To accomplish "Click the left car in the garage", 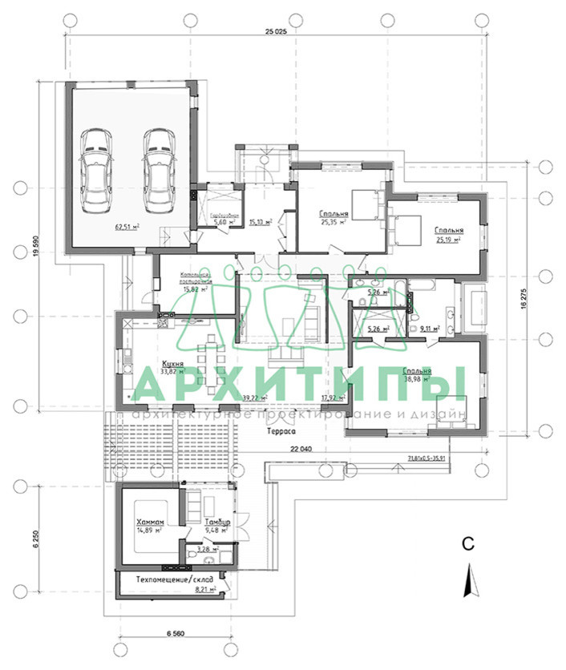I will (96, 168).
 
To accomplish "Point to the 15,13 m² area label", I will (260, 223).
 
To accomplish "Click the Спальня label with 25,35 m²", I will (333, 214).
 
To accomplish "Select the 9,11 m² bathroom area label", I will (431, 329).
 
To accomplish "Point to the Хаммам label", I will (151, 521).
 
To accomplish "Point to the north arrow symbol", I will (471, 579).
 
